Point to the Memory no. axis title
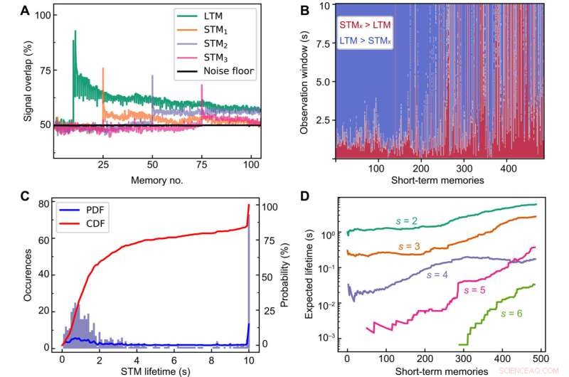[x=157, y=180]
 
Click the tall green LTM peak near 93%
[x=75, y=32]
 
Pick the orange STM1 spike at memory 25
[x=103, y=70]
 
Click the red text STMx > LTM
[x=368, y=26]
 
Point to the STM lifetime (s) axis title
[x=157, y=368]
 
